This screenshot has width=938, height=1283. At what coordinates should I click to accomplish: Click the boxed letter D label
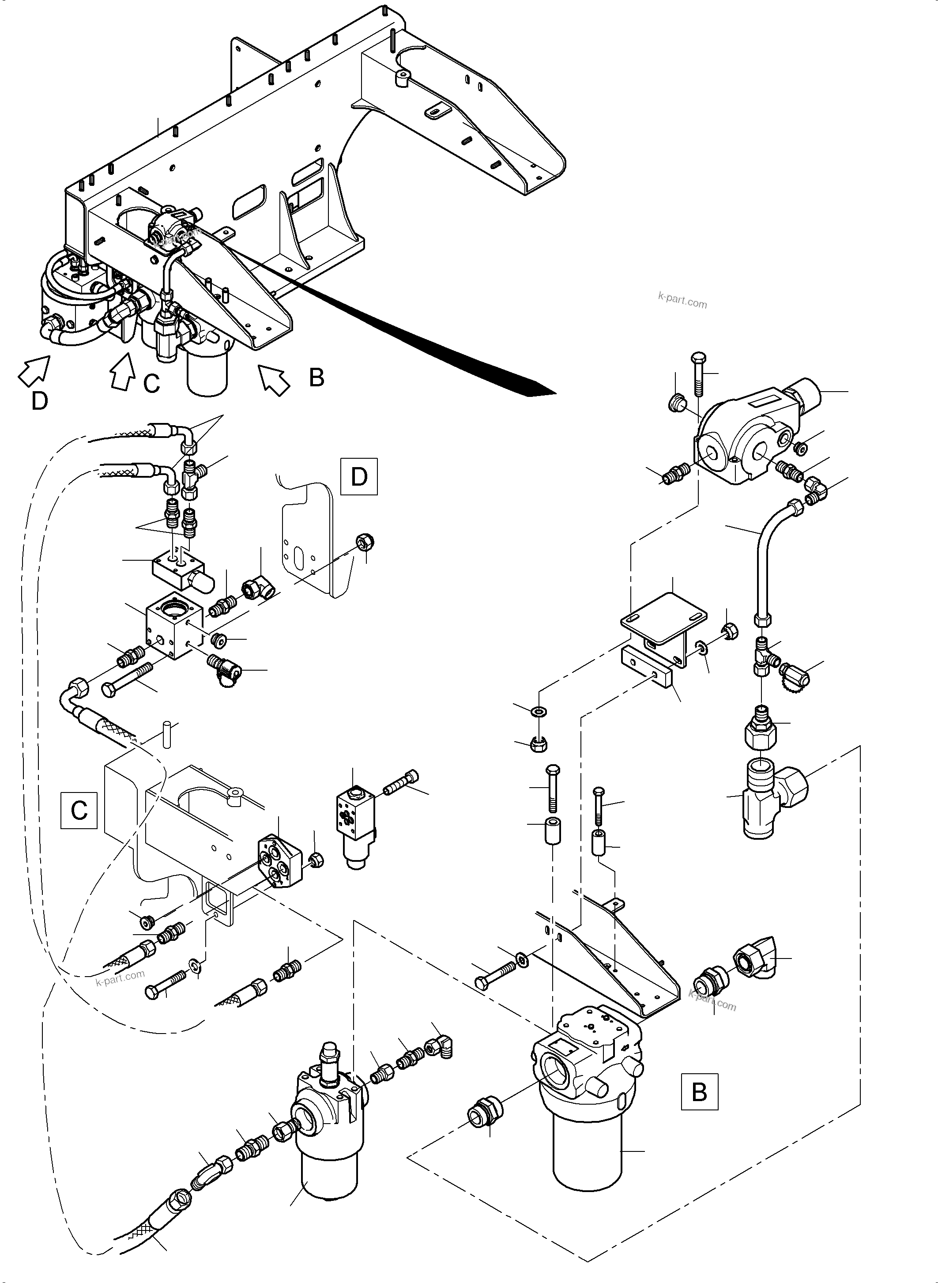click(x=359, y=476)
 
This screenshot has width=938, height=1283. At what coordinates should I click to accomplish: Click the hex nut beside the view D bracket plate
click(x=365, y=543)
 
